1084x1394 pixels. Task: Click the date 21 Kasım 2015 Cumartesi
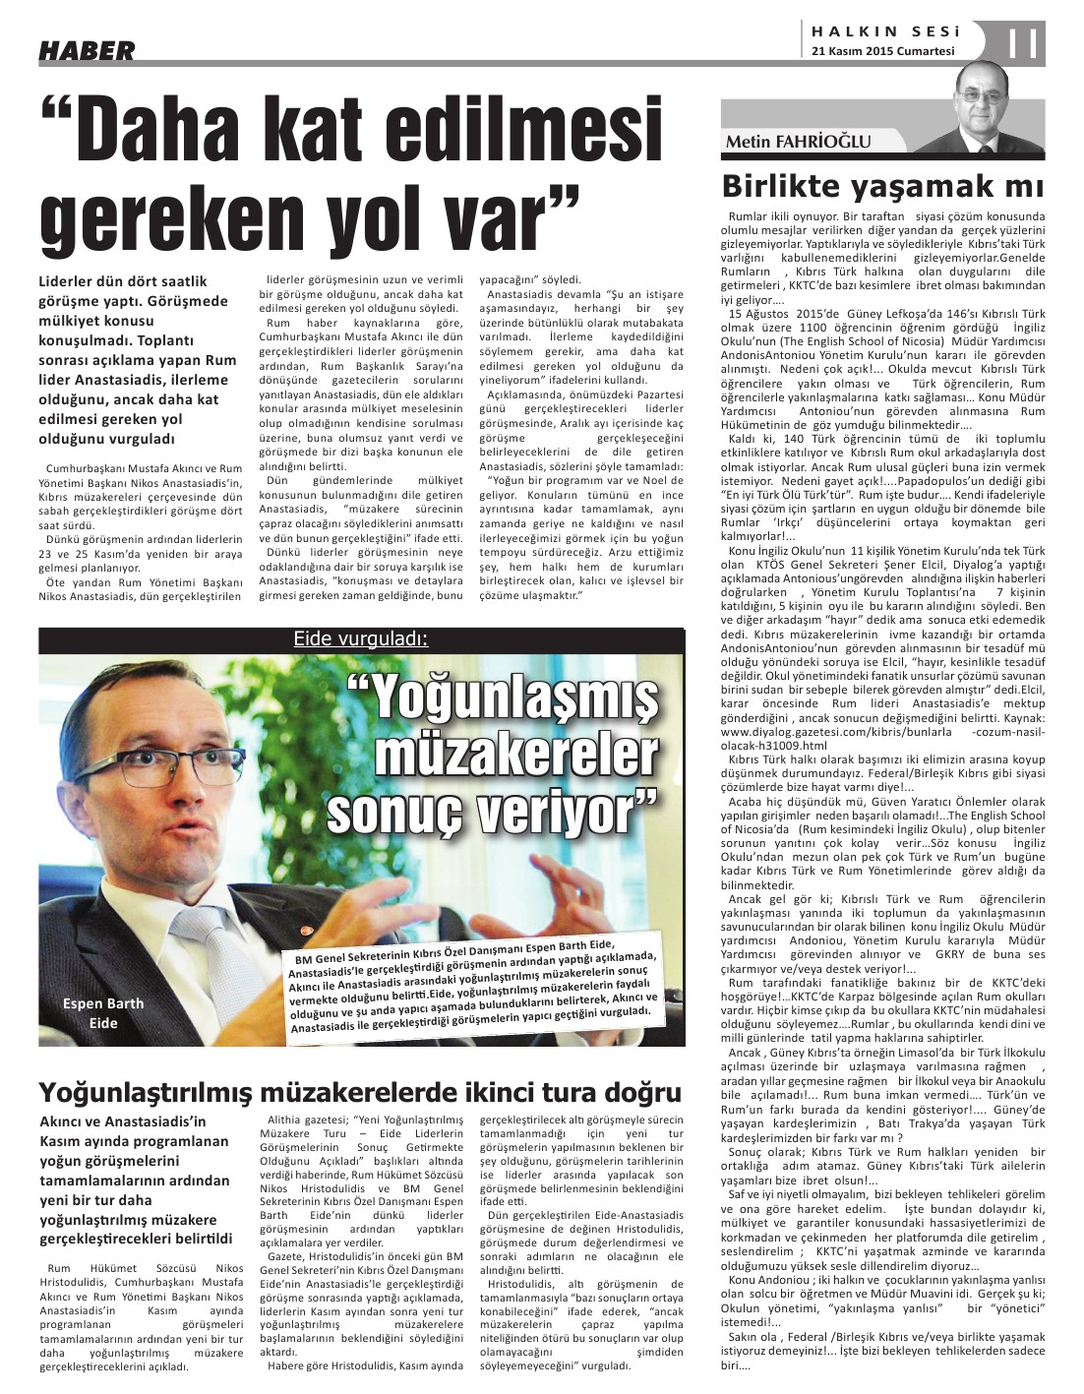(x=883, y=52)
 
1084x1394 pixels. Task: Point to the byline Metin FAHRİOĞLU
(x=798, y=142)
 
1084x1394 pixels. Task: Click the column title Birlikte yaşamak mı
(x=882, y=185)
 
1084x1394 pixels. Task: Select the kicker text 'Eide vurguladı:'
(x=360, y=639)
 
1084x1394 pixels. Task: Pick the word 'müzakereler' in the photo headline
(x=515, y=756)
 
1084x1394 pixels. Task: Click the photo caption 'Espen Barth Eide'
(x=103, y=1012)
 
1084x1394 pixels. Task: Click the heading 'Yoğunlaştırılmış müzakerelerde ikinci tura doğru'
(x=360, y=1092)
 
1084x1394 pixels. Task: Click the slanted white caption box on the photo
(x=472, y=989)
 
